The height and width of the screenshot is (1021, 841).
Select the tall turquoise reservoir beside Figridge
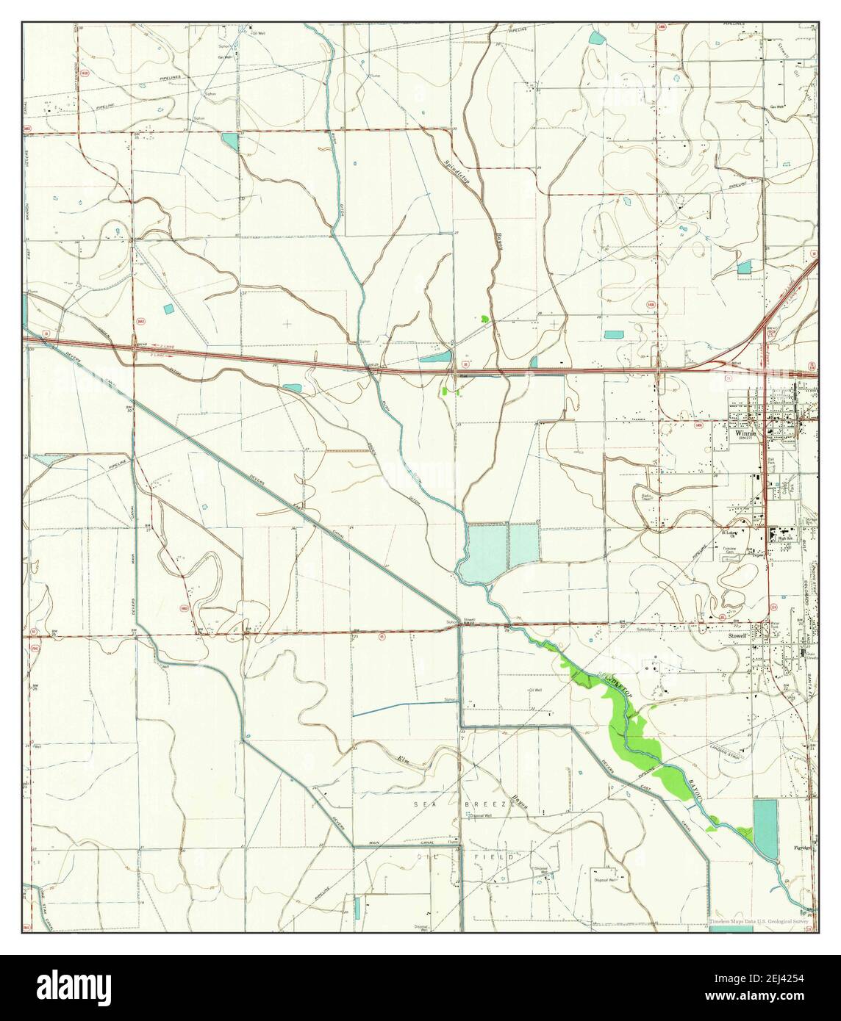pyautogui.click(x=765, y=829)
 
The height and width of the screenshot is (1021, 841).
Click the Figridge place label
pyautogui.click(x=804, y=847)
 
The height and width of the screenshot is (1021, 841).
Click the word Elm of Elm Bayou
pyautogui.click(x=402, y=759)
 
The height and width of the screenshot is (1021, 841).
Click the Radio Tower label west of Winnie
pyautogui.click(x=647, y=497)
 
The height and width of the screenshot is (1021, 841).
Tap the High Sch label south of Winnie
pyautogui.click(x=786, y=538)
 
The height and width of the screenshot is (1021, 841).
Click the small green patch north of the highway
pyautogui.click(x=484, y=320)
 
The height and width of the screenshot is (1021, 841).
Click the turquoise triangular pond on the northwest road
pyautogui.click(x=230, y=139)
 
